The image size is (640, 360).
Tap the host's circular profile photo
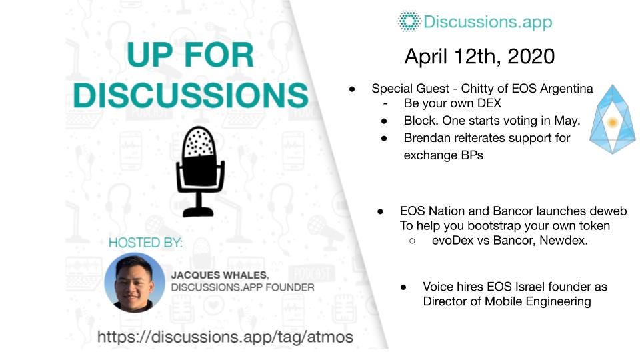(135, 282)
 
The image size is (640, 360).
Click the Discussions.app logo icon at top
(408, 21)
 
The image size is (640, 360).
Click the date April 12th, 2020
(479, 56)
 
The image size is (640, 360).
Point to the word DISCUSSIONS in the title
(191, 95)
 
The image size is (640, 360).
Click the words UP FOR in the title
(191, 55)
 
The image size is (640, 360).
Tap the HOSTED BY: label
(145, 242)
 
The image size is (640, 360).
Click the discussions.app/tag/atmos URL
(225, 337)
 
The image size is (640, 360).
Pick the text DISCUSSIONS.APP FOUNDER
(242, 287)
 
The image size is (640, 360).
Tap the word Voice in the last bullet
(438, 287)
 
